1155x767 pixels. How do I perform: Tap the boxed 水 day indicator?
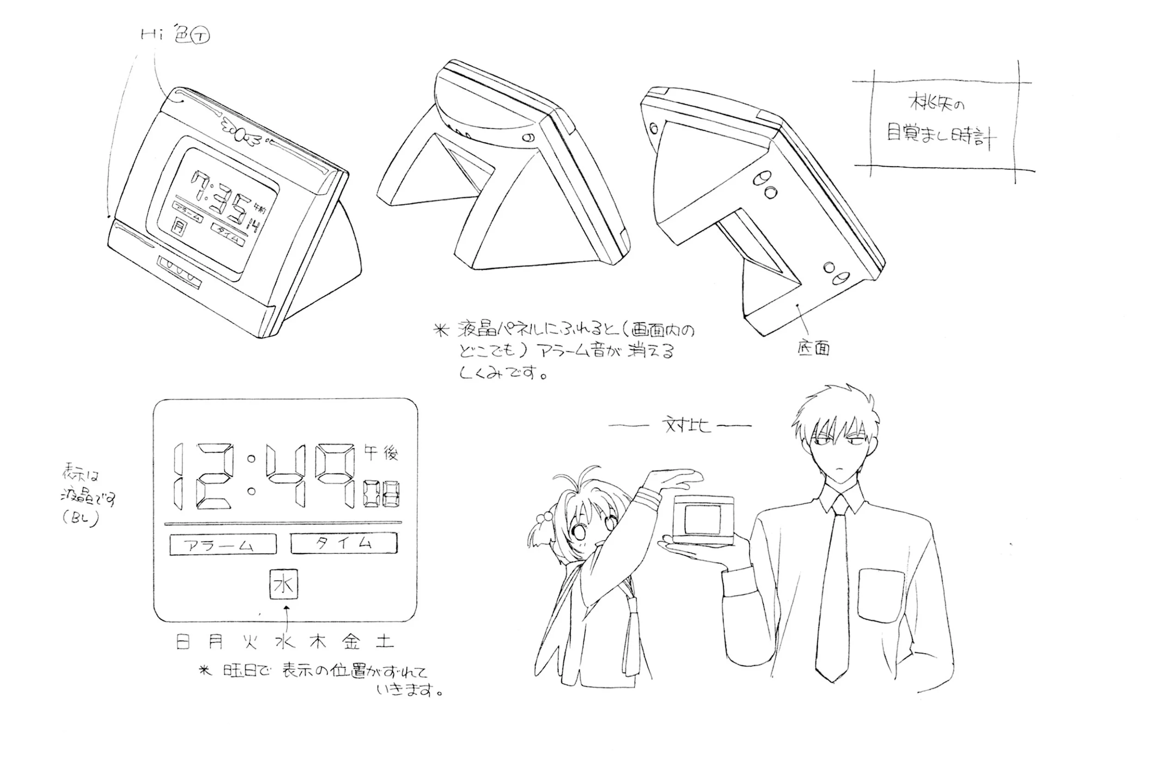tap(284, 584)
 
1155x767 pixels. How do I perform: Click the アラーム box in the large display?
tap(223, 544)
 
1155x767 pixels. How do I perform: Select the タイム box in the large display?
tap(344, 542)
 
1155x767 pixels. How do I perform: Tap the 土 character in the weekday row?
tap(385, 641)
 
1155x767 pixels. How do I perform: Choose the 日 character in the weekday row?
tap(183, 641)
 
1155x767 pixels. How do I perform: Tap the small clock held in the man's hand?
tap(703, 520)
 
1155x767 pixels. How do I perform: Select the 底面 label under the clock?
tap(813, 348)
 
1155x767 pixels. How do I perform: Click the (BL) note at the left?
tap(81, 519)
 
